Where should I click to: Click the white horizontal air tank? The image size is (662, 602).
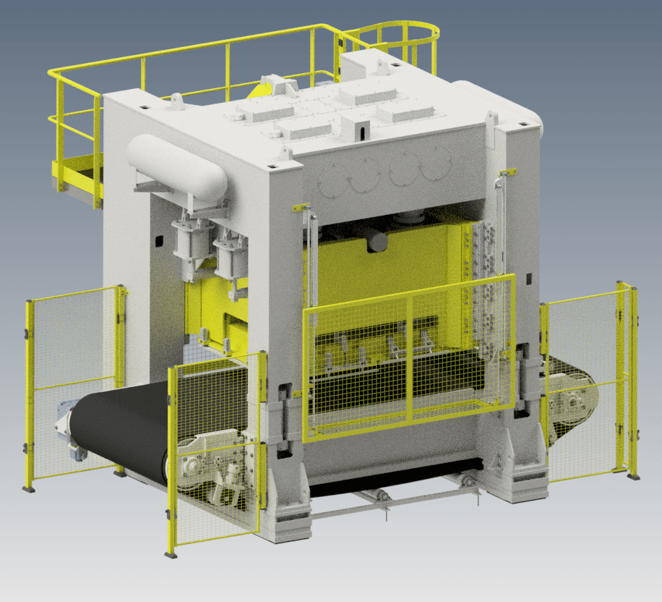[x=176, y=169]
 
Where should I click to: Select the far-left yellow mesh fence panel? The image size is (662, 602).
[x=72, y=383]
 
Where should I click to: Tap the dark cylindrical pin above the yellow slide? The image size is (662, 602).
[x=377, y=241]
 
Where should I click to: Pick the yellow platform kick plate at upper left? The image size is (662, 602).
[x=77, y=174]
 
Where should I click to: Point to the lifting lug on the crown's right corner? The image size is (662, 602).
[x=492, y=120]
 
